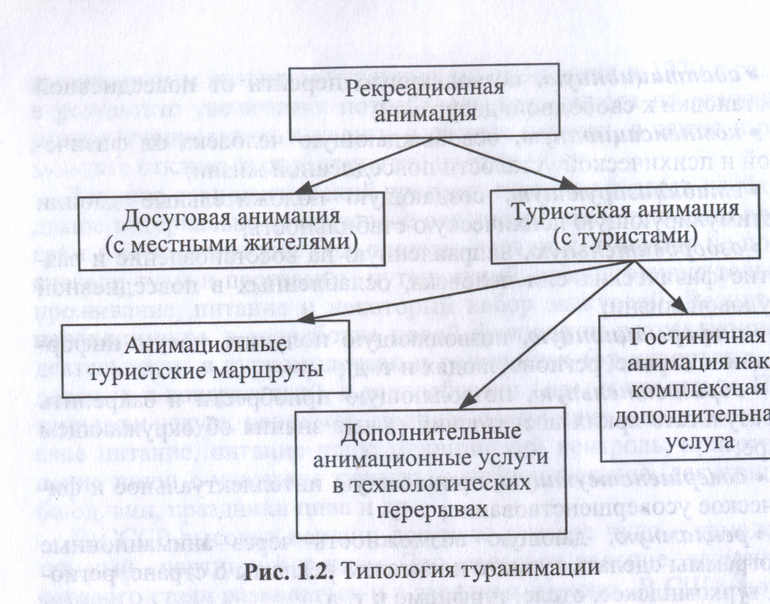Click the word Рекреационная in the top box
pyautogui.click(x=424, y=89)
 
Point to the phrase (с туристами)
pyautogui.click(x=625, y=238)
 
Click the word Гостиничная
pyautogui.click(x=697, y=337)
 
